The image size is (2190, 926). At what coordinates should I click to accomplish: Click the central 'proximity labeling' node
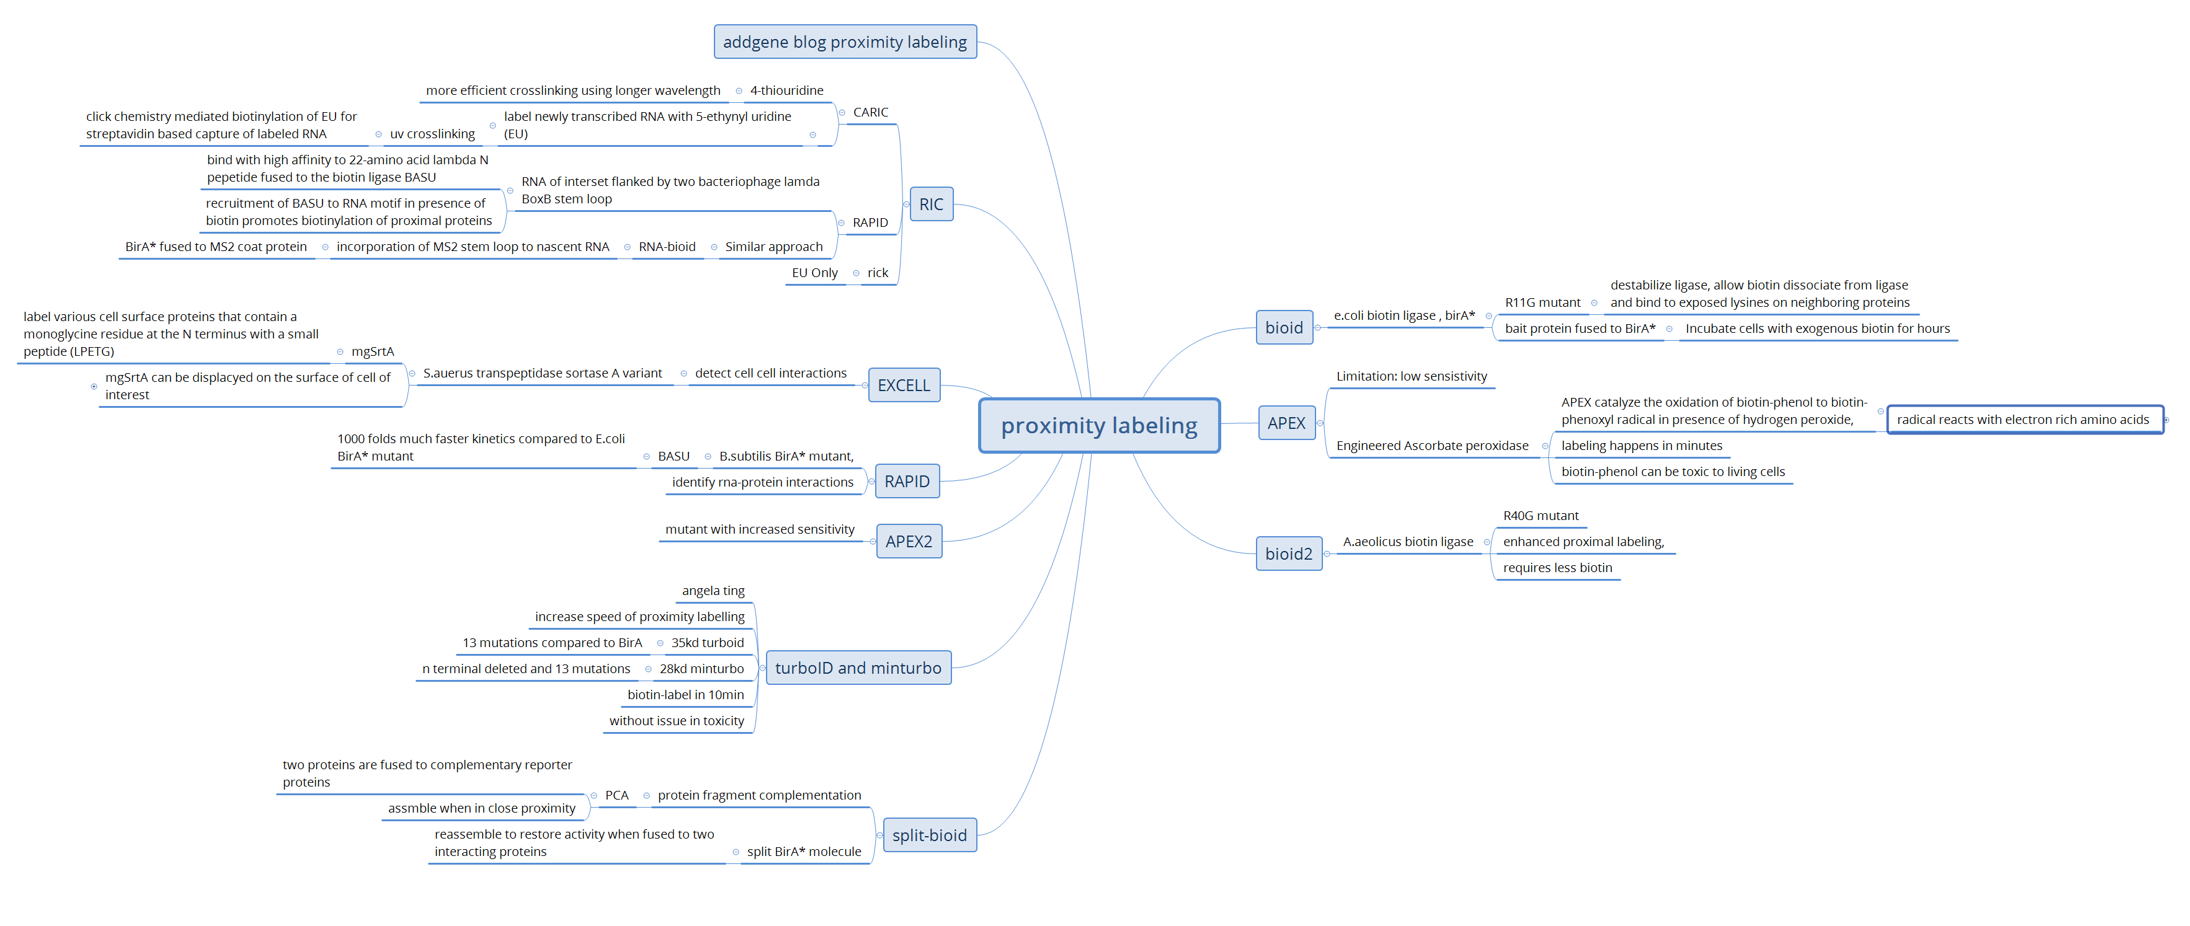[1099, 426]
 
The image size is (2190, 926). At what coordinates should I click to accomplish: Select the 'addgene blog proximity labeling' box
[845, 42]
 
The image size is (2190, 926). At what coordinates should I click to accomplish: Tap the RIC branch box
[931, 204]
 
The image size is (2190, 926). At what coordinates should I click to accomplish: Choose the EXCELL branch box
[904, 385]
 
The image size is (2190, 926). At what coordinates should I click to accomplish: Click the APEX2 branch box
[909, 541]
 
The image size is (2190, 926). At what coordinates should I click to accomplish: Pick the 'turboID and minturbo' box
[858, 668]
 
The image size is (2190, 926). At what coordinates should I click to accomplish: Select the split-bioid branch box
[929, 835]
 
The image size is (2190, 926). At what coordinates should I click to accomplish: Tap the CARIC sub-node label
[871, 112]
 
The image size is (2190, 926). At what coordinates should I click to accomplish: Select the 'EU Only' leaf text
[814, 273]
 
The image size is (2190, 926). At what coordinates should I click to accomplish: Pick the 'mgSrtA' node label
[372, 351]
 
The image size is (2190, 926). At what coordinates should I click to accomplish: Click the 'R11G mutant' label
[1542, 302]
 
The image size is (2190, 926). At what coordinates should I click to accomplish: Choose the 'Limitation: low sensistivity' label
[1411, 376]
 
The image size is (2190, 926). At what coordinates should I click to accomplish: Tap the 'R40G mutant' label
[1541, 516]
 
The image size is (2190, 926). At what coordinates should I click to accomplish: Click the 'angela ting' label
[713, 591]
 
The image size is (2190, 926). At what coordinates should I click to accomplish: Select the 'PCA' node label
[616, 795]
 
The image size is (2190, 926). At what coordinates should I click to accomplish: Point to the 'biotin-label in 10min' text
[685, 695]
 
